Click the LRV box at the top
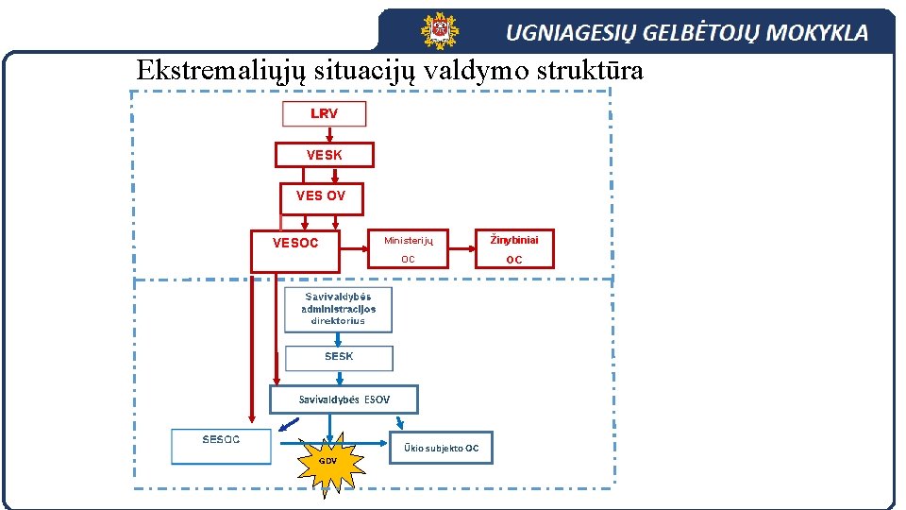pos(324,113)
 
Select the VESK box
pos(324,155)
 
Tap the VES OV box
pos(321,196)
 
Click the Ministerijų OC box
pos(408,249)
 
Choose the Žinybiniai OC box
pos(513,249)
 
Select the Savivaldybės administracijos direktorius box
pos(338,309)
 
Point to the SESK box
pos(339,357)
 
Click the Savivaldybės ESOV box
pos(344,399)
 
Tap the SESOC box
pos(221,446)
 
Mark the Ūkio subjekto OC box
pos(441,448)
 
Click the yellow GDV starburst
pos(327,461)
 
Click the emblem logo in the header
pos(439,31)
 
